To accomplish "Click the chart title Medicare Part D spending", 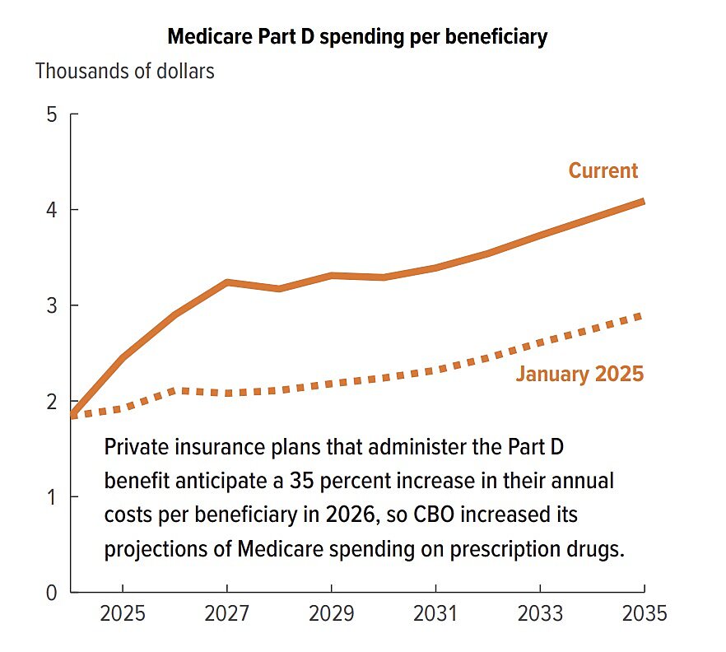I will point(357,37).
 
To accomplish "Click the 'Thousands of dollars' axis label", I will point(124,71).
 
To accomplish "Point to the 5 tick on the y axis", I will point(51,114).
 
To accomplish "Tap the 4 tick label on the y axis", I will point(51,210).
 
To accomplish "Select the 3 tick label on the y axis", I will point(51,305).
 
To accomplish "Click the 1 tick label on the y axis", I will point(51,496).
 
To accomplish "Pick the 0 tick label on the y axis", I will point(51,592).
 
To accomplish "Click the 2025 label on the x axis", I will point(123,614).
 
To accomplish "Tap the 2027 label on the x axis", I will point(227,614).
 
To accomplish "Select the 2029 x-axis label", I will point(331,614).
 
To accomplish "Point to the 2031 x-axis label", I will point(435,614).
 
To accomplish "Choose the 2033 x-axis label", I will point(540,614).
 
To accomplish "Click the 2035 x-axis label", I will point(643,614).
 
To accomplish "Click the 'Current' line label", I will point(603,170).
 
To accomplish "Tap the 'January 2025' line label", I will point(579,374).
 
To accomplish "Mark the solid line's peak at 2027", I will point(227,282).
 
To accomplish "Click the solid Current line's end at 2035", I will point(642,201).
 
